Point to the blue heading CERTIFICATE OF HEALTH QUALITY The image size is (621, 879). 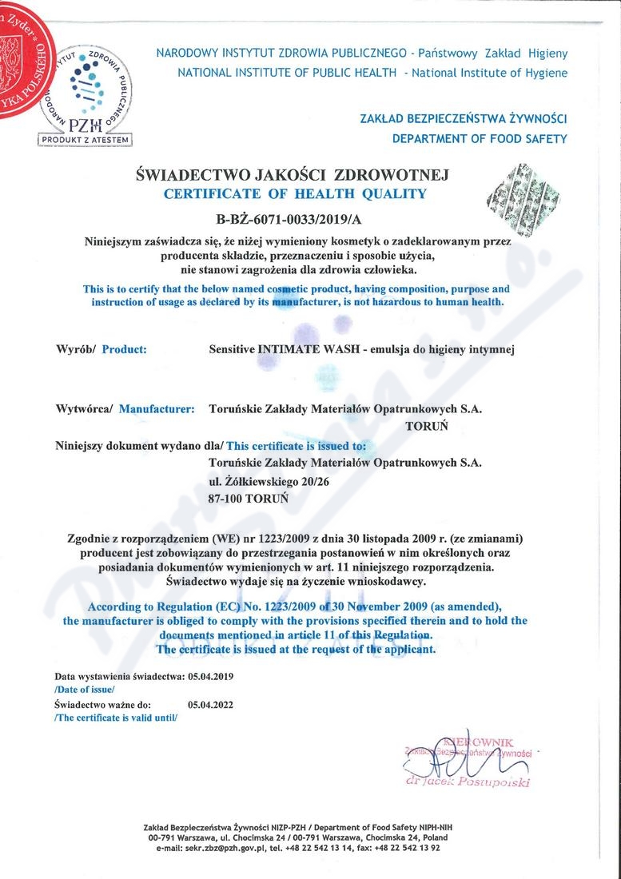[295, 193]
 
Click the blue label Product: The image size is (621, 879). [125, 349]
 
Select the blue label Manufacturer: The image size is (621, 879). [157, 409]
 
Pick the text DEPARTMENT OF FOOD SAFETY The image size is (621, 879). [479, 138]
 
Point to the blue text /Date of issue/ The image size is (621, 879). [85, 688]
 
